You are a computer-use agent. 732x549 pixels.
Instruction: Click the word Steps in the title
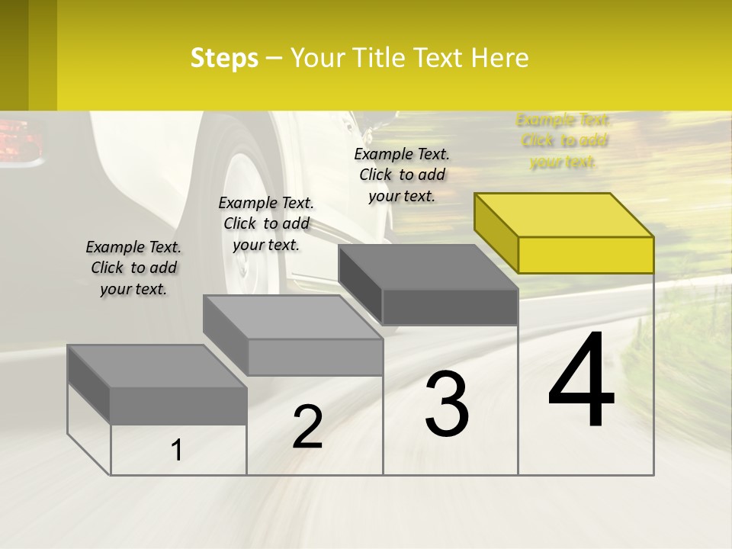[x=224, y=58]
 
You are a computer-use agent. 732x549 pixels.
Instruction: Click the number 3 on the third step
[x=447, y=404]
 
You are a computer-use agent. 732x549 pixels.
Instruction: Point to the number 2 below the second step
[x=307, y=427]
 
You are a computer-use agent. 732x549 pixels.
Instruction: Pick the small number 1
[x=176, y=451]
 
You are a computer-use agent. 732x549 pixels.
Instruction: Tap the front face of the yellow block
[x=586, y=255]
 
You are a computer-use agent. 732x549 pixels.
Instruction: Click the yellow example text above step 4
[x=563, y=141]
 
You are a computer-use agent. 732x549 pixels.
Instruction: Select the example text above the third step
[x=402, y=175]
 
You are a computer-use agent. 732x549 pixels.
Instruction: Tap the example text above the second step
[x=266, y=223]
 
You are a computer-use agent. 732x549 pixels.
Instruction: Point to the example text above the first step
[x=133, y=268]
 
